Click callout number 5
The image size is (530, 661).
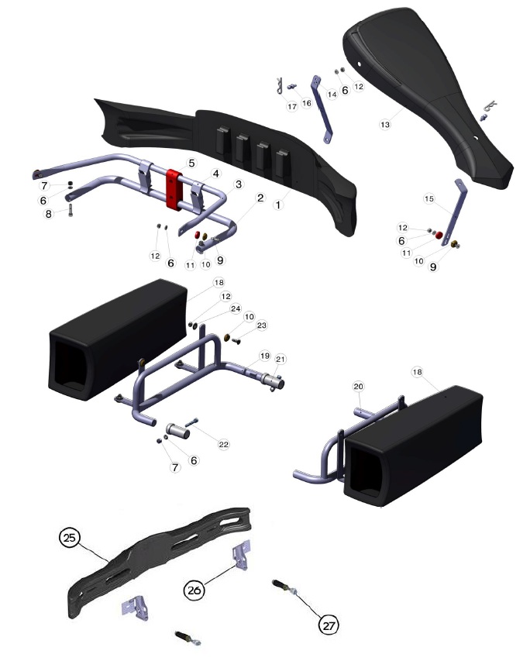192,163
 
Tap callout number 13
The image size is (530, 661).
385,125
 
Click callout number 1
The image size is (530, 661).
278,205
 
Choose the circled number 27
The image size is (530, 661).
329,625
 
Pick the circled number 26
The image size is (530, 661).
194,590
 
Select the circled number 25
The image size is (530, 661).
70,538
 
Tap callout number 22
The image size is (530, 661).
223,444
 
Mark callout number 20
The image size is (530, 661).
359,386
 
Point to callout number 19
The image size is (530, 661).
265,356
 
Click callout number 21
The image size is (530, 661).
280,359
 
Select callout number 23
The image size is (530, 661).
262,325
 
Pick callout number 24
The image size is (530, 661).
236,308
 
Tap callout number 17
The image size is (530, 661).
292,107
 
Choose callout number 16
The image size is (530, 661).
307,103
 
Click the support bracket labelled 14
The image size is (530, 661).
322,108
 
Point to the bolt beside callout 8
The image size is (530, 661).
70,208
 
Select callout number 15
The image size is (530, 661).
428,198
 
